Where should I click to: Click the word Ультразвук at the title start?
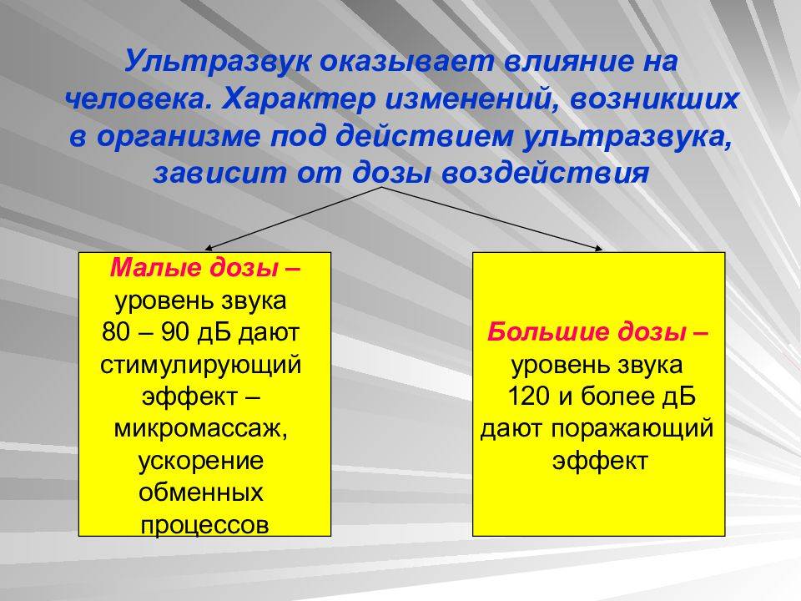pos(218,62)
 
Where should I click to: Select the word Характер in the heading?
pos(299,99)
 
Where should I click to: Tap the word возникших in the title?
pos(654,99)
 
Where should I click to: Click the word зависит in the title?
pos(220,173)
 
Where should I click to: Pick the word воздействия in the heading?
pos(545,173)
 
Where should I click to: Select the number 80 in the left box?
pos(116,332)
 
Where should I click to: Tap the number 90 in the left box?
pos(176,332)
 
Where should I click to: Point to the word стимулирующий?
pos(201,366)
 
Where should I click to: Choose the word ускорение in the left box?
pos(201,462)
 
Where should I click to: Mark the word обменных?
pos(201,492)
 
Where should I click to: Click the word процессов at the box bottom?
pos(204,525)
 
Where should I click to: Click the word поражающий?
pos(632,429)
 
